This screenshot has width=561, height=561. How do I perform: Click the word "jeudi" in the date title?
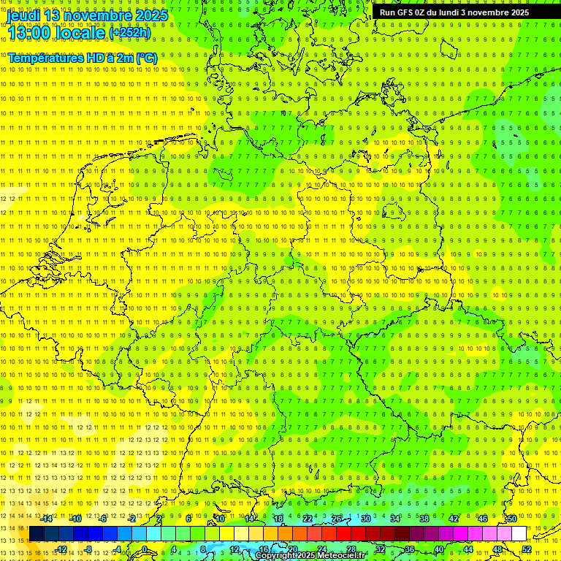23,15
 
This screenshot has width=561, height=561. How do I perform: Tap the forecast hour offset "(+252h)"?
130,33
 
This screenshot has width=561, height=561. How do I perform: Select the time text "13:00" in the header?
29,33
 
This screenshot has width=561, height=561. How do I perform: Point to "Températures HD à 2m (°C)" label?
83,58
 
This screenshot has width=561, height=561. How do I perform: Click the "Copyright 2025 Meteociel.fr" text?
310,556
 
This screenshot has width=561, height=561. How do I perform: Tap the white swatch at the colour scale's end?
519,533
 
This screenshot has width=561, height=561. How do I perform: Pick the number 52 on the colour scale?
527,549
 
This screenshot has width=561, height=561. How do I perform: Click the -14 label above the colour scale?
47,519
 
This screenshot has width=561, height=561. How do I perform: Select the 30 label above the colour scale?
365,519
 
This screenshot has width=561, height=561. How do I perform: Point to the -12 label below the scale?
61,549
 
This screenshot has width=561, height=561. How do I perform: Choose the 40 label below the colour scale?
439,549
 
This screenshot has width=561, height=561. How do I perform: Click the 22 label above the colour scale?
308,519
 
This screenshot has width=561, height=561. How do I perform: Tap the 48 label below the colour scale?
497,549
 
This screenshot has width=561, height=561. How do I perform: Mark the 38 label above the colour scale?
424,519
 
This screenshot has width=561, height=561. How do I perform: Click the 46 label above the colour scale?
483,519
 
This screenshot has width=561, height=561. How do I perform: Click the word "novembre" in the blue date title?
99,15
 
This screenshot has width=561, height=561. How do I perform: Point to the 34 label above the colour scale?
394,519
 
